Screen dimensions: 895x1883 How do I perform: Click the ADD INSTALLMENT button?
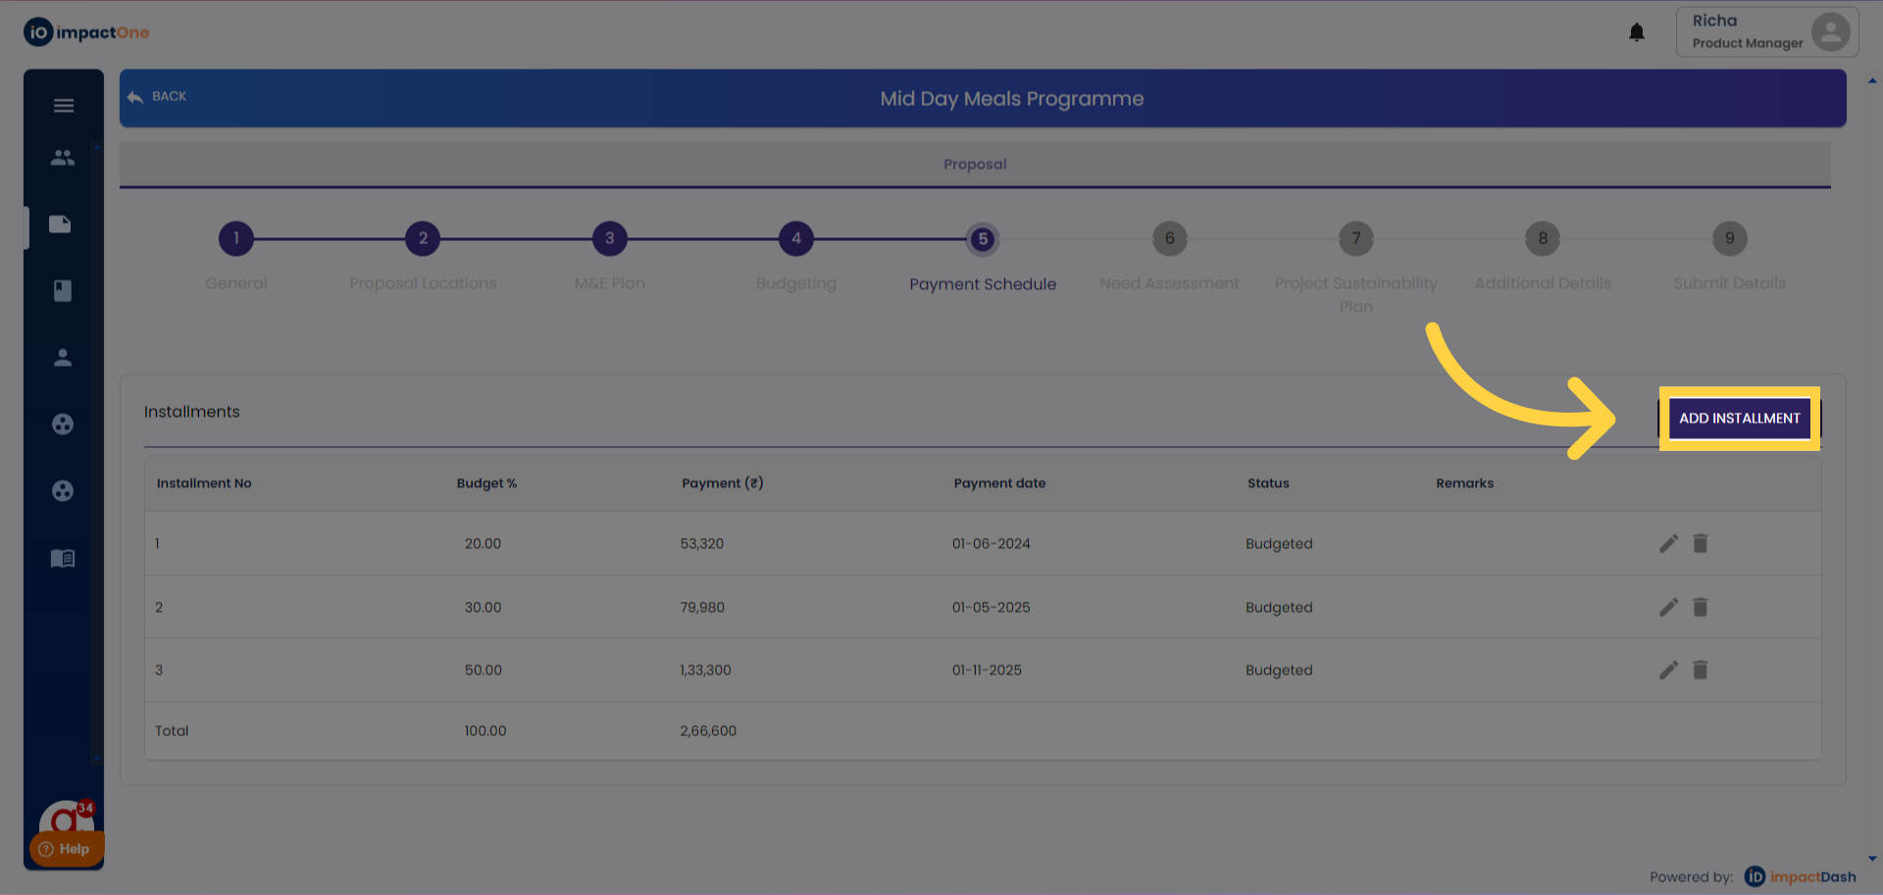pos(1739,419)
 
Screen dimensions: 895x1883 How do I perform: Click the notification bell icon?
pos(1636,32)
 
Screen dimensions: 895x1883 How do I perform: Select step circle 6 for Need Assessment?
pos(1169,238)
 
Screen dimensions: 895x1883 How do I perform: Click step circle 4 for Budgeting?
pos(795,238)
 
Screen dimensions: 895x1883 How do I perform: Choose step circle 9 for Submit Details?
pos(1729,238)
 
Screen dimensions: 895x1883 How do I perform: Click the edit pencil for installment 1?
pos(1668,544)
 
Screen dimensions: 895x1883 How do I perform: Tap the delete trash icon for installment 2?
pos(1701,608)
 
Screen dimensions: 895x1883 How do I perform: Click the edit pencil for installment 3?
pos(1668,671)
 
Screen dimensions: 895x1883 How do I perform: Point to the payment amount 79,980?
pos(702,608)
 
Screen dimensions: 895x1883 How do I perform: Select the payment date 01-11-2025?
pos(987,671)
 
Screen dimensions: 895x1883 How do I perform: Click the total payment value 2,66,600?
pos(708,731)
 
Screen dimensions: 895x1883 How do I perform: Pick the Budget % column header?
pos(486,483)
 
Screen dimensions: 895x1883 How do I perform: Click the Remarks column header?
pos(1464,483)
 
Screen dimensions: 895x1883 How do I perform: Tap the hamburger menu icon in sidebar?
pos(64,106)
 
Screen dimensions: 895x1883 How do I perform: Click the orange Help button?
pos(66,849)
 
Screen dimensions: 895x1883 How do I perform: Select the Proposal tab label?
pos(975,165)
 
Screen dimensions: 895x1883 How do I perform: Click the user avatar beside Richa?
pos(1830,31)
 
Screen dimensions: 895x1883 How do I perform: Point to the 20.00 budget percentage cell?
pos(483,544)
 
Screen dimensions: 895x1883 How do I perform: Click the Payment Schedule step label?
pos(983,284)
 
